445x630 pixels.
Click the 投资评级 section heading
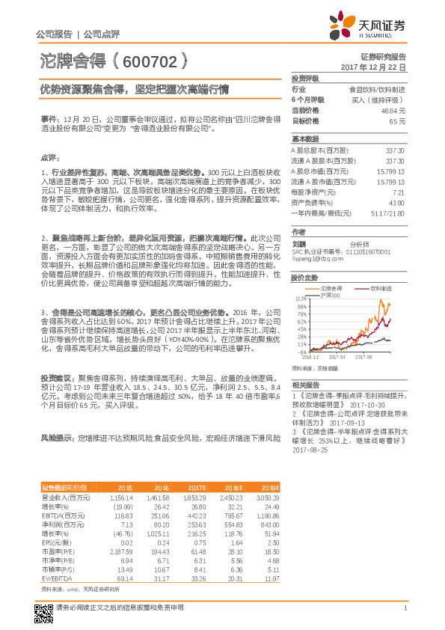tap(305, 78)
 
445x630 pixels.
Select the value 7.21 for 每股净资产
tap(398, 192)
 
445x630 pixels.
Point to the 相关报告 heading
tap(302, 383)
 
